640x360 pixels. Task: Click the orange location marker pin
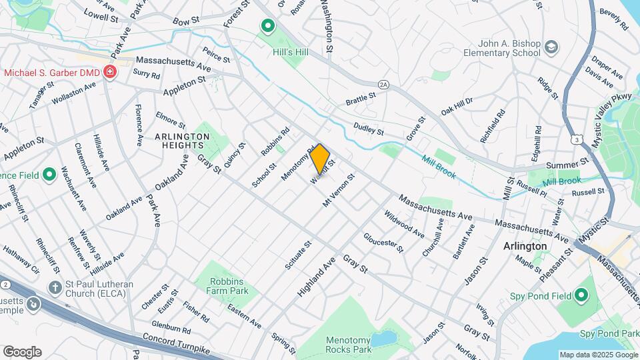click(320, 159)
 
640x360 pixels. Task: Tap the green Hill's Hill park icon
click(268, 27)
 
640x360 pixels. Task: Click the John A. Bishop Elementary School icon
click(551, 47)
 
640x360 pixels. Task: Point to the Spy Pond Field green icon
click(581, 295)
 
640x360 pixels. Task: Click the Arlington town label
click(525, 245)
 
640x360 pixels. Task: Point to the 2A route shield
click(383, 85)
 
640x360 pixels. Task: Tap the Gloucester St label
click(383, 243)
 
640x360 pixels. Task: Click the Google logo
click(22, 352)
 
